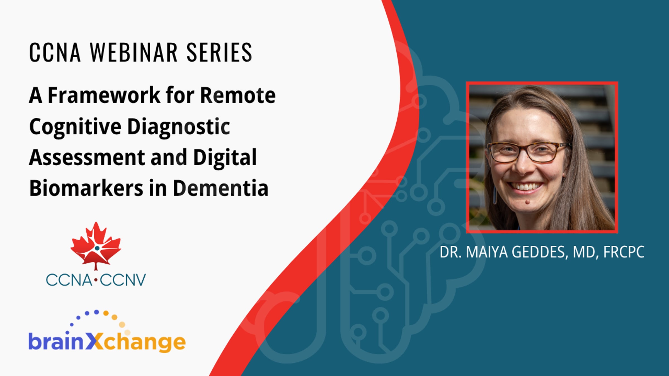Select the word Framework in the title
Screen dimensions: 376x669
click(x=104, y=95)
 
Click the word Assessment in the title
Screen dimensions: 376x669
click(x=87, y=157)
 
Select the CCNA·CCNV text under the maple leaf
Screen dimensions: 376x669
click(x=96, y=280)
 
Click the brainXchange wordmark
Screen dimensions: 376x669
click(x=107, y=342)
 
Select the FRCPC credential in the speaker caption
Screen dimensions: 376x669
click(x=624, y=252)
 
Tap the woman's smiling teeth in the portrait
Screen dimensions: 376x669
click(x=525, y=186)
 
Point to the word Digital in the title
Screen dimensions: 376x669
click(x=225, y=157)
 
